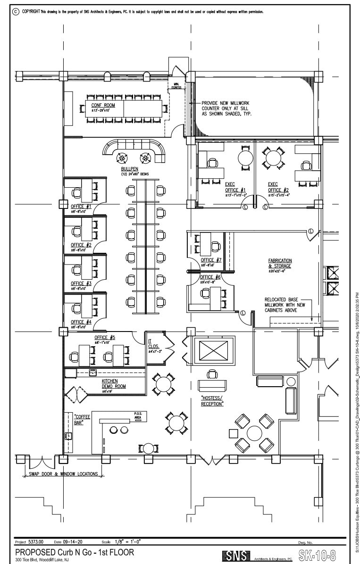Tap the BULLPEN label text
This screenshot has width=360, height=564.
129,168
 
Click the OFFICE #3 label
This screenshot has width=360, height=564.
81,283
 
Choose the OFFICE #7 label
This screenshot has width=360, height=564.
211,260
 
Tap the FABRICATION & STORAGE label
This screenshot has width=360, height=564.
280,263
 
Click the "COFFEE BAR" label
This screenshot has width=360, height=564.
82,420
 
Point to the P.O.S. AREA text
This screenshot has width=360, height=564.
138,415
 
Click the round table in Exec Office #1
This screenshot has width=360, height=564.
245,158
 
